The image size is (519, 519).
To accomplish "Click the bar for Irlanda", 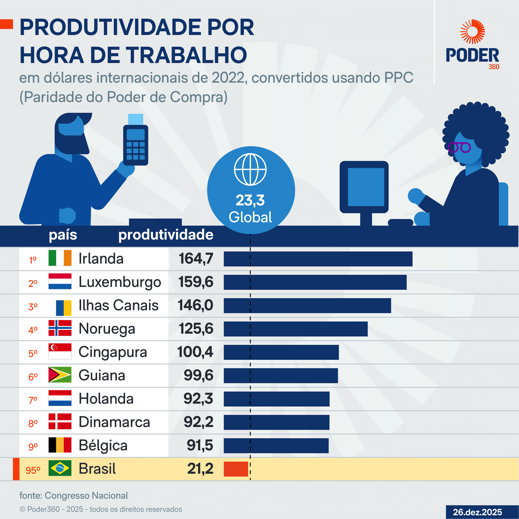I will point(318,259).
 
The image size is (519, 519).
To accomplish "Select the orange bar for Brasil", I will point(236,469).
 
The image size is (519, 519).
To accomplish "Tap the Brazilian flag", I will point(60,468).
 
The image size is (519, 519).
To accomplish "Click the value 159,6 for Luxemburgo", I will point(196,282).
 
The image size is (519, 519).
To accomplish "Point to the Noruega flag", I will point(60,328).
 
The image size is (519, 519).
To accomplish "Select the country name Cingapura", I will point(113,352).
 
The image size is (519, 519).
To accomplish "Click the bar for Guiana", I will point(281,375).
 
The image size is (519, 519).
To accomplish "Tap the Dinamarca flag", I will point(60,422).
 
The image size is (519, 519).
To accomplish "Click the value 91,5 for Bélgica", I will point(200,445).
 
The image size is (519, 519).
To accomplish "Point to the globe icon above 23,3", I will point(250,169).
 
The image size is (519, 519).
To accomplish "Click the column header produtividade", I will point(166,235).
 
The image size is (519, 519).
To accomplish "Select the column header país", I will point(63,235).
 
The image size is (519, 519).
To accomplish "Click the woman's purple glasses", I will point(459,148).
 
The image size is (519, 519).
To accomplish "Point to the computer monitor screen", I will point(366,187).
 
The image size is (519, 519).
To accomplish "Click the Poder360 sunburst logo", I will point(472,32).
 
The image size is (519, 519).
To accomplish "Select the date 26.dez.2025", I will point(477,512).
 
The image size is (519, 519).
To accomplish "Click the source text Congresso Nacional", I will point(86,496).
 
